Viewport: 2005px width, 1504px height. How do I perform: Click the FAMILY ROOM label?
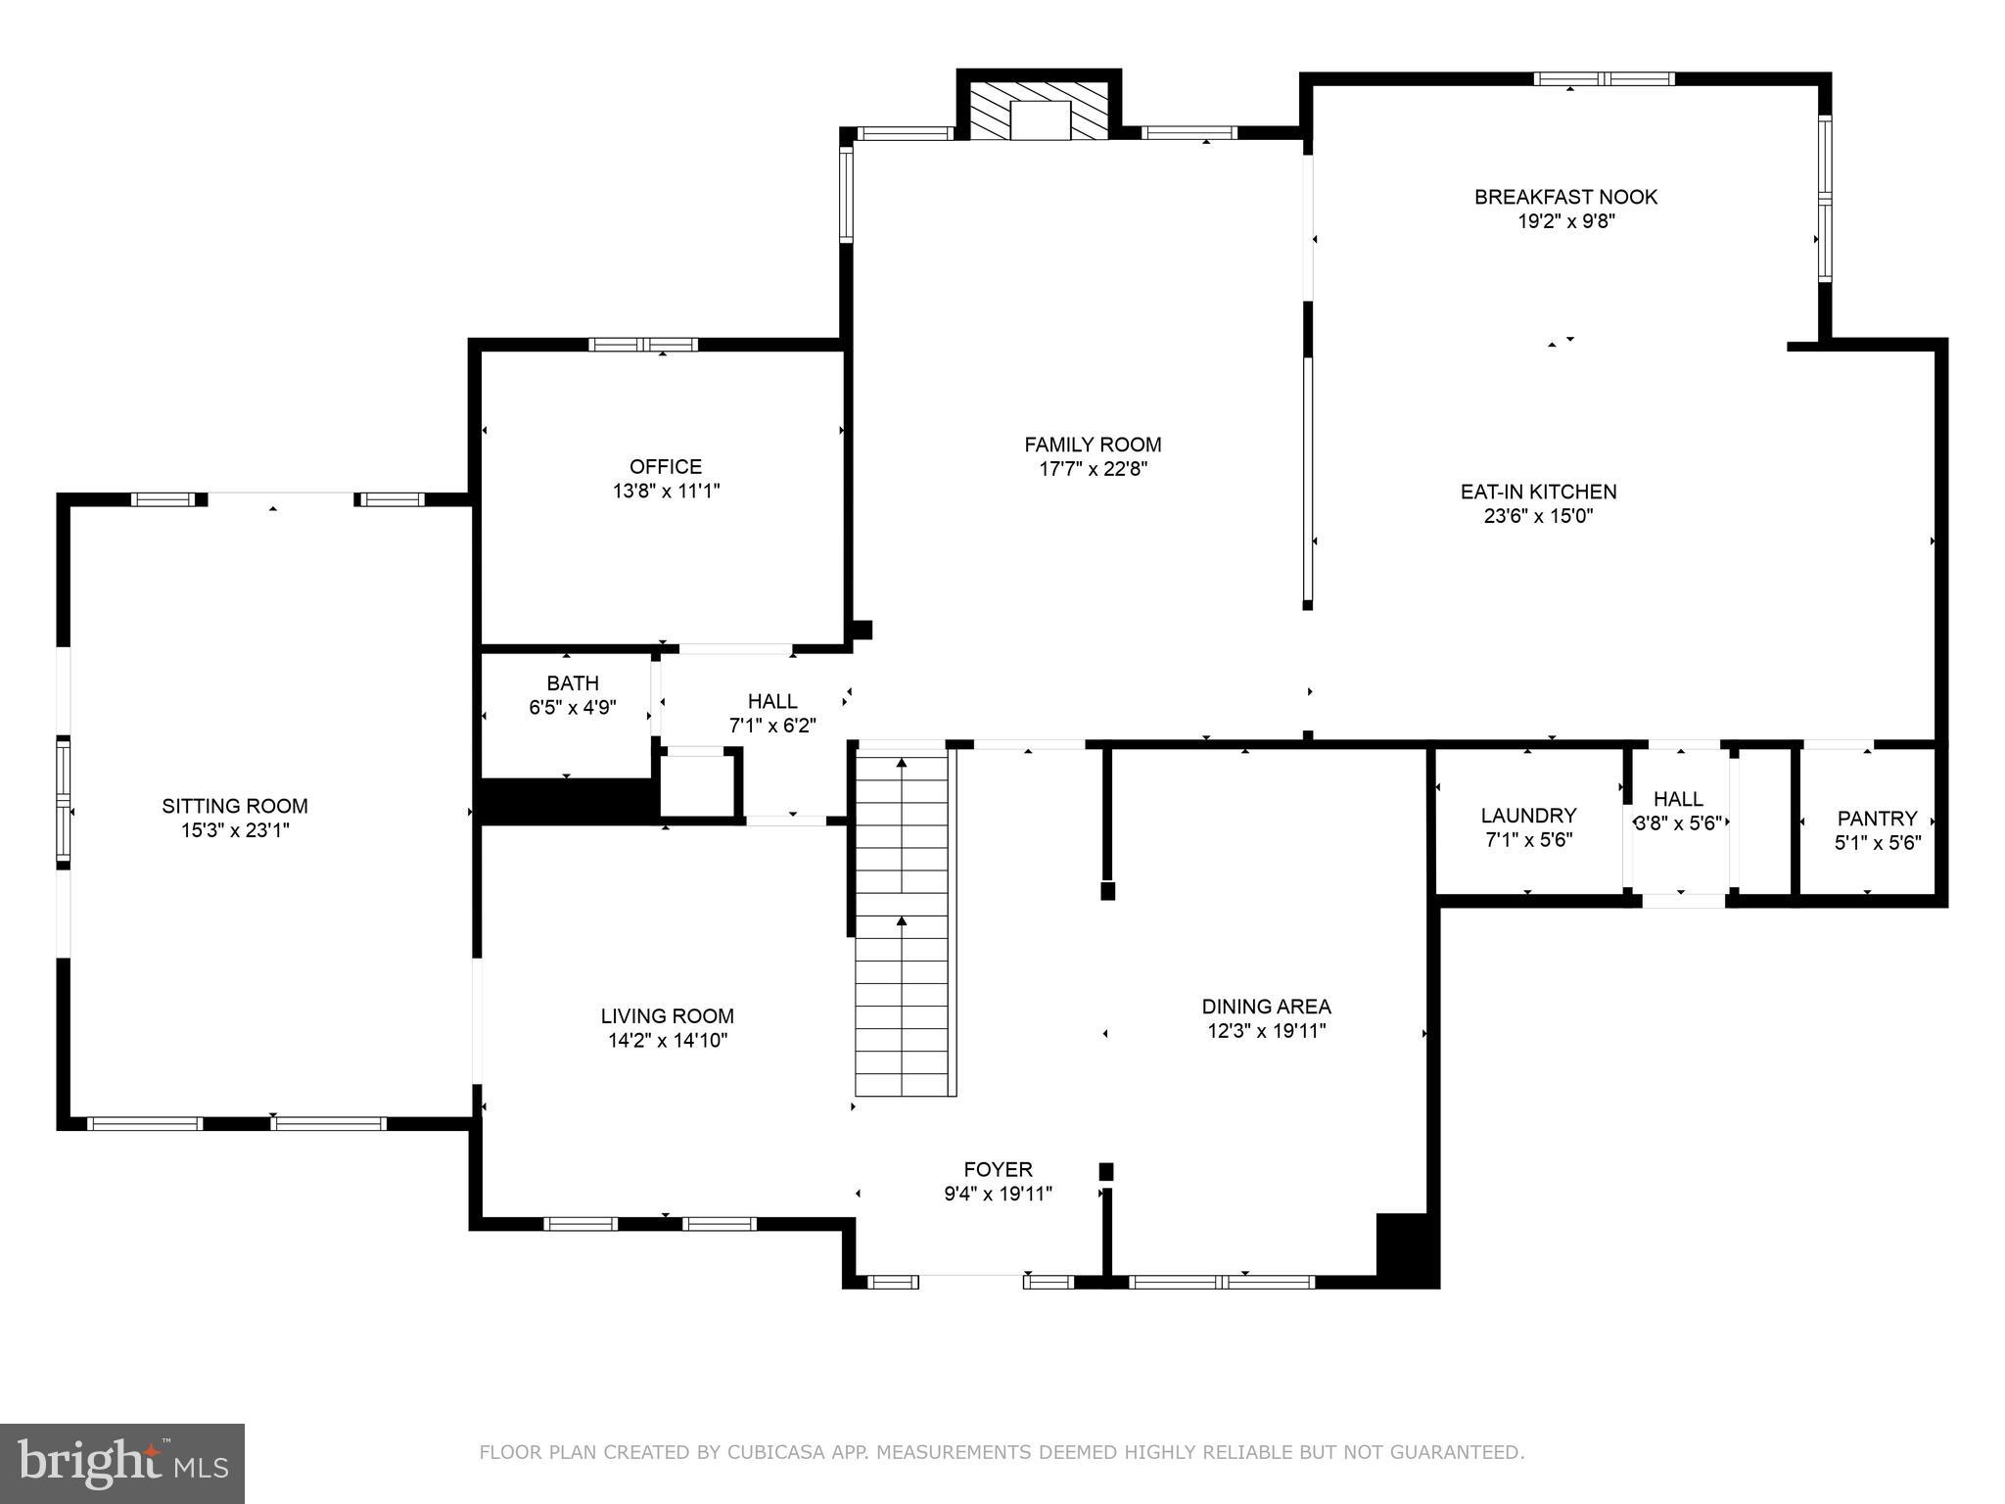[x=1093, y=445]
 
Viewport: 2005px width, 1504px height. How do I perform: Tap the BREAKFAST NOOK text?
[x=1565, y=197]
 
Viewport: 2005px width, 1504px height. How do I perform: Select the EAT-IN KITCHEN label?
[x=1538, y=492]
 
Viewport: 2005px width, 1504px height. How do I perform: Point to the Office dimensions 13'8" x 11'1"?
[x=666, y=492]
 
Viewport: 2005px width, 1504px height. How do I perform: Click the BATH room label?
[x=573, y=683]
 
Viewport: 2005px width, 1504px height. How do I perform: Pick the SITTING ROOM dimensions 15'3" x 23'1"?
[x=235, y=830]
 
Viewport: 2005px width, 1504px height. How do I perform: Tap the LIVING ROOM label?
[x=667, y=1016]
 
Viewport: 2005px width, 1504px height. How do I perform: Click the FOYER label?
[x=998, y=1169]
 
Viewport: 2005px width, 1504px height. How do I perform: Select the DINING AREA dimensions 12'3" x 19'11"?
[x=1266, y=1031]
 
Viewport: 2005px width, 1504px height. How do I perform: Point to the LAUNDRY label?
[x=1528, y=816]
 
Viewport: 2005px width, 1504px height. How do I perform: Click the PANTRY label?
[x=1877, y=819]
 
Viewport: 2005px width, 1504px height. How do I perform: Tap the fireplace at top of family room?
[x=1040, y=110]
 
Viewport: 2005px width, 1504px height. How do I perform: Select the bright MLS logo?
[x=122, y=1463]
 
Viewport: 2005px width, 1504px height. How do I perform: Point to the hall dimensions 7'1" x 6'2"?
[x=772, y=726]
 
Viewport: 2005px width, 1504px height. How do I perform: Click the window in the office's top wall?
[x=643, y=345]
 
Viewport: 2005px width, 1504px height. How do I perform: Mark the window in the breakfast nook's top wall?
[x=1604, y=79]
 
